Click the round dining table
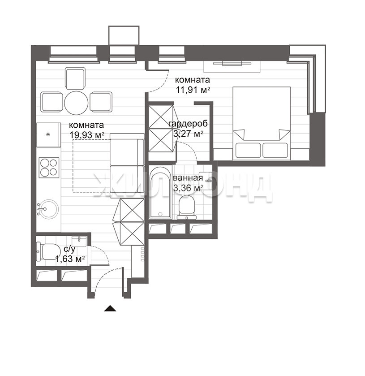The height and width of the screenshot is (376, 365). (x=77, y=103)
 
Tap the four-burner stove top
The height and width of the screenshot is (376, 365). (x=49, y=167)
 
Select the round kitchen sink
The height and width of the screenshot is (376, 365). (x=48, y=209)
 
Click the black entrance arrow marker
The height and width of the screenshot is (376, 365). (x=110, y=308)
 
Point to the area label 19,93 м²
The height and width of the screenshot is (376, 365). (x=87, y=135)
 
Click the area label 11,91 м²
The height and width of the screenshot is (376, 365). (x=193, y=90)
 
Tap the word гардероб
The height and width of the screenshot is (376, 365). (x=188, y=124)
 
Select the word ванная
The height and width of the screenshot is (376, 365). (x=188, y=178)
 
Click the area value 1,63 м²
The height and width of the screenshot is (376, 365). (x=70, y=259)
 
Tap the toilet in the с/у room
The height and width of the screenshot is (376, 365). (x=48, y=251)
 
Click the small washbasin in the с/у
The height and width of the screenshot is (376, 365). (x=79, y=241)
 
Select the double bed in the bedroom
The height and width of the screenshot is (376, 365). (x=262, y=123)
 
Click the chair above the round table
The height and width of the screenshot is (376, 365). (x=75, y=78)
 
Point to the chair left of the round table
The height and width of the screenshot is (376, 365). (x=52, y=102)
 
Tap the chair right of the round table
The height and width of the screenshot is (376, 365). (x=101, y=102)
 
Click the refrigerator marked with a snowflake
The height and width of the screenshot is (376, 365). (x=48, y=135)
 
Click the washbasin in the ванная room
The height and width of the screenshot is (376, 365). (x=206, y=181)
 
